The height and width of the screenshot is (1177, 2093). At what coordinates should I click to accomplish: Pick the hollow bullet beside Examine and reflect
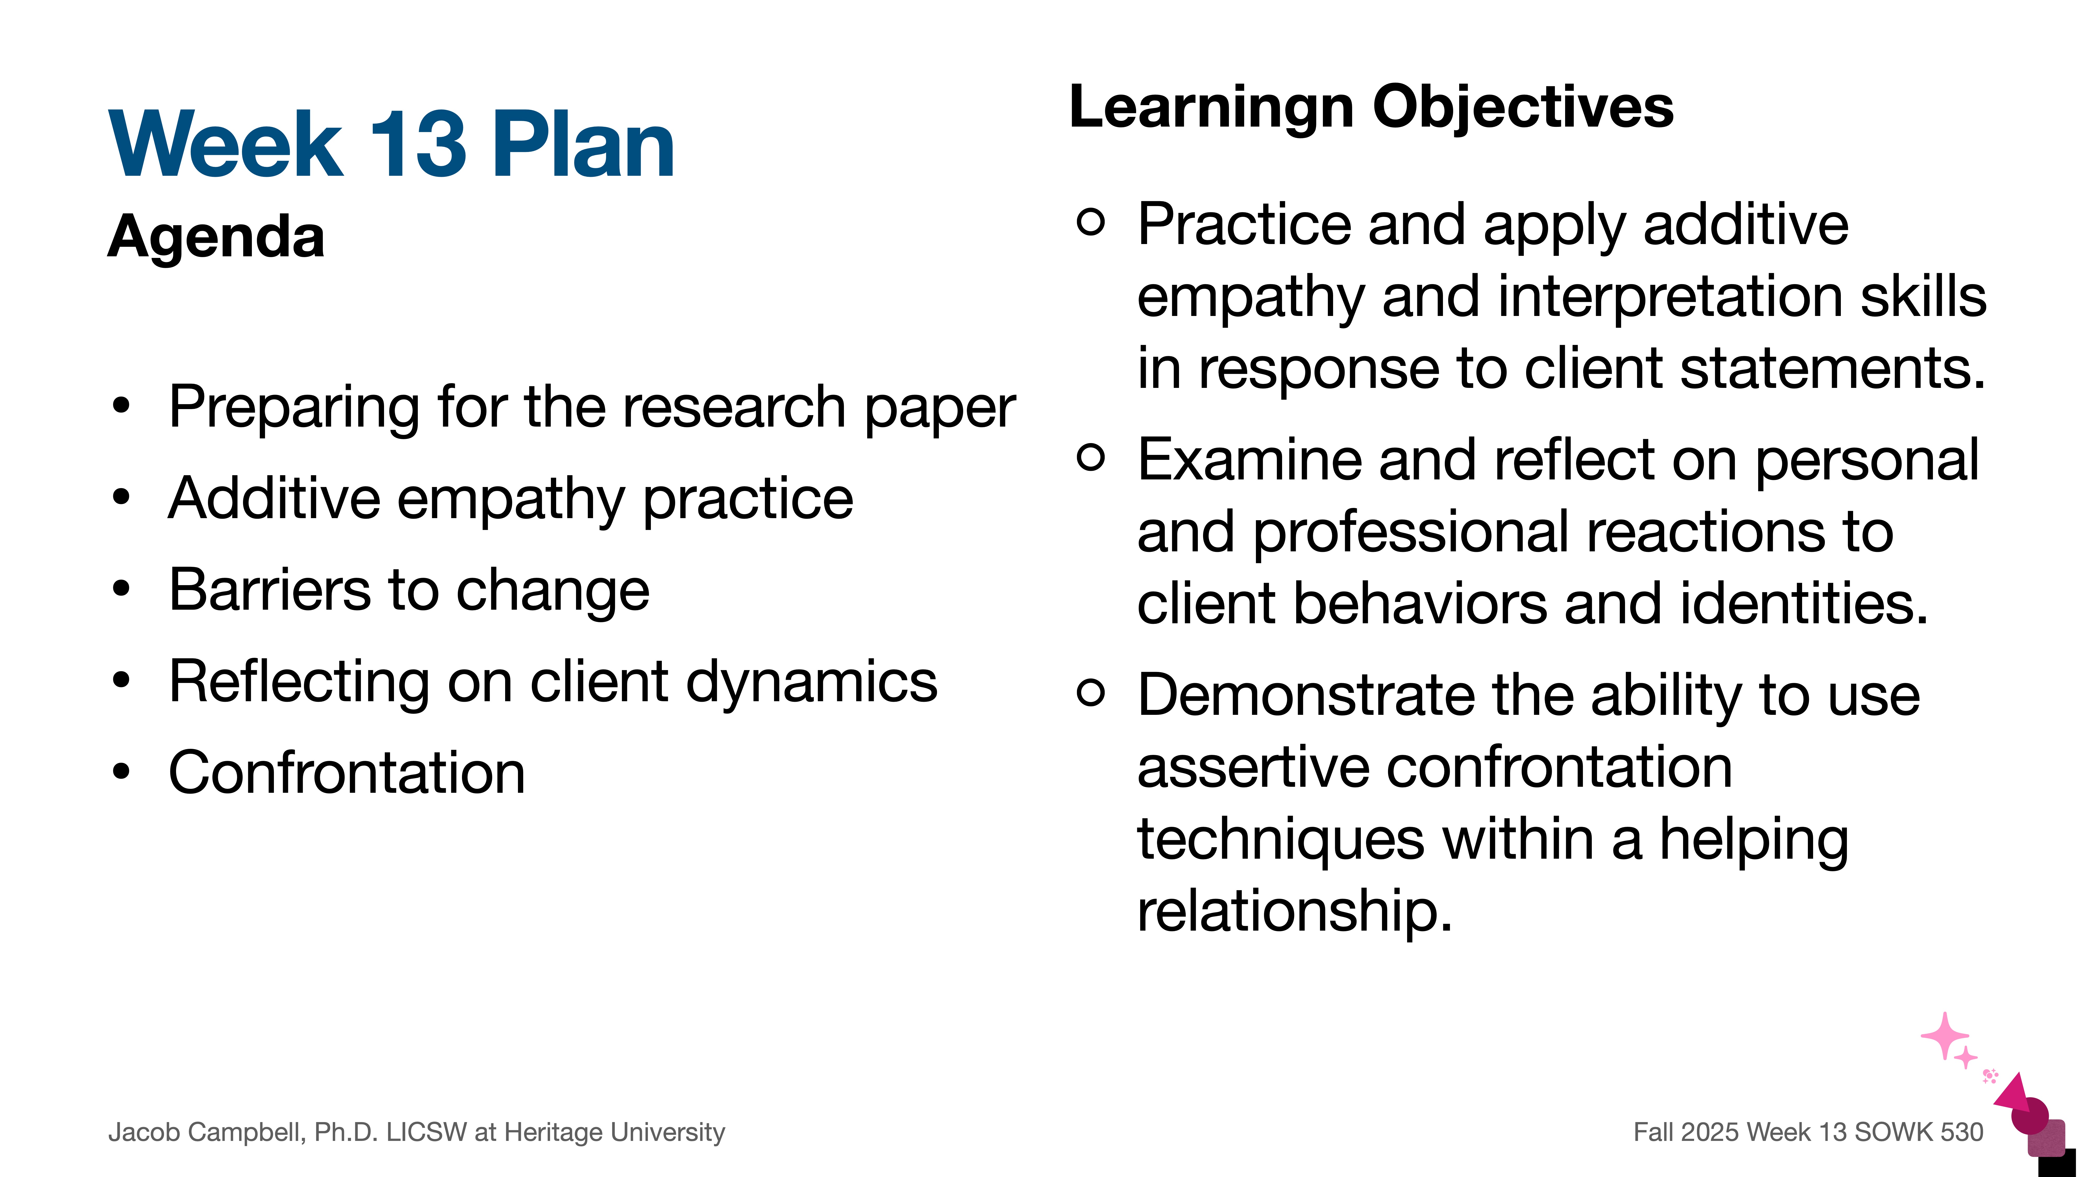1090,457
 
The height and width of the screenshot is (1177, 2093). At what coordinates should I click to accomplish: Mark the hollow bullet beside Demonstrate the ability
1090,692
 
